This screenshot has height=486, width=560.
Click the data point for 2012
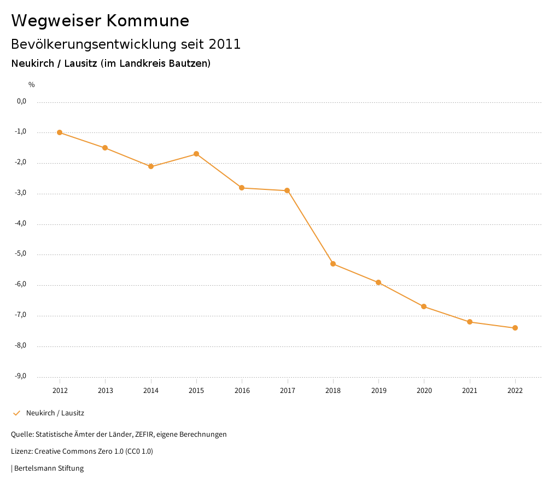[x=60, y=132]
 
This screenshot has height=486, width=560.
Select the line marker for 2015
[x=196, y=154]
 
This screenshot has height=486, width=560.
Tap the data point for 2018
[x=333, y=264]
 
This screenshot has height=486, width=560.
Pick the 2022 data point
[x=515, y=328]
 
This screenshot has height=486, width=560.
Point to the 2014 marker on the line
[x=151, y=166]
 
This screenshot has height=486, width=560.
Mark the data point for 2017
[x=287, y=190]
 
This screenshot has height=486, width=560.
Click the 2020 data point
[x=424, y=306]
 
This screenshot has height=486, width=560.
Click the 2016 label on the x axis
[x=242, y=390]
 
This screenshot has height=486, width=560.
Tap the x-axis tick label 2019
[x=378, y=390]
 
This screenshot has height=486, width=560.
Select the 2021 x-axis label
[x=469, y=390]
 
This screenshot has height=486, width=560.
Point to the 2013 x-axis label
[x=105, y=390]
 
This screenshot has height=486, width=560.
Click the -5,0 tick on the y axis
[x=21, y=254]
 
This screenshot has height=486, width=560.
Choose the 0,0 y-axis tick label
[x=22, y=101]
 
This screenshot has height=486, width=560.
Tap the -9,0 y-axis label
[x=21, y=376]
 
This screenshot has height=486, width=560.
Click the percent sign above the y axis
[x=32, y=85]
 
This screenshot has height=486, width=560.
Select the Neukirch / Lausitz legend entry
[x=55, y=413]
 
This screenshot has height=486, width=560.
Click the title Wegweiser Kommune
[x=100, y=21]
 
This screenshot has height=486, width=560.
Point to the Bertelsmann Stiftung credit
[x=49, y=468]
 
